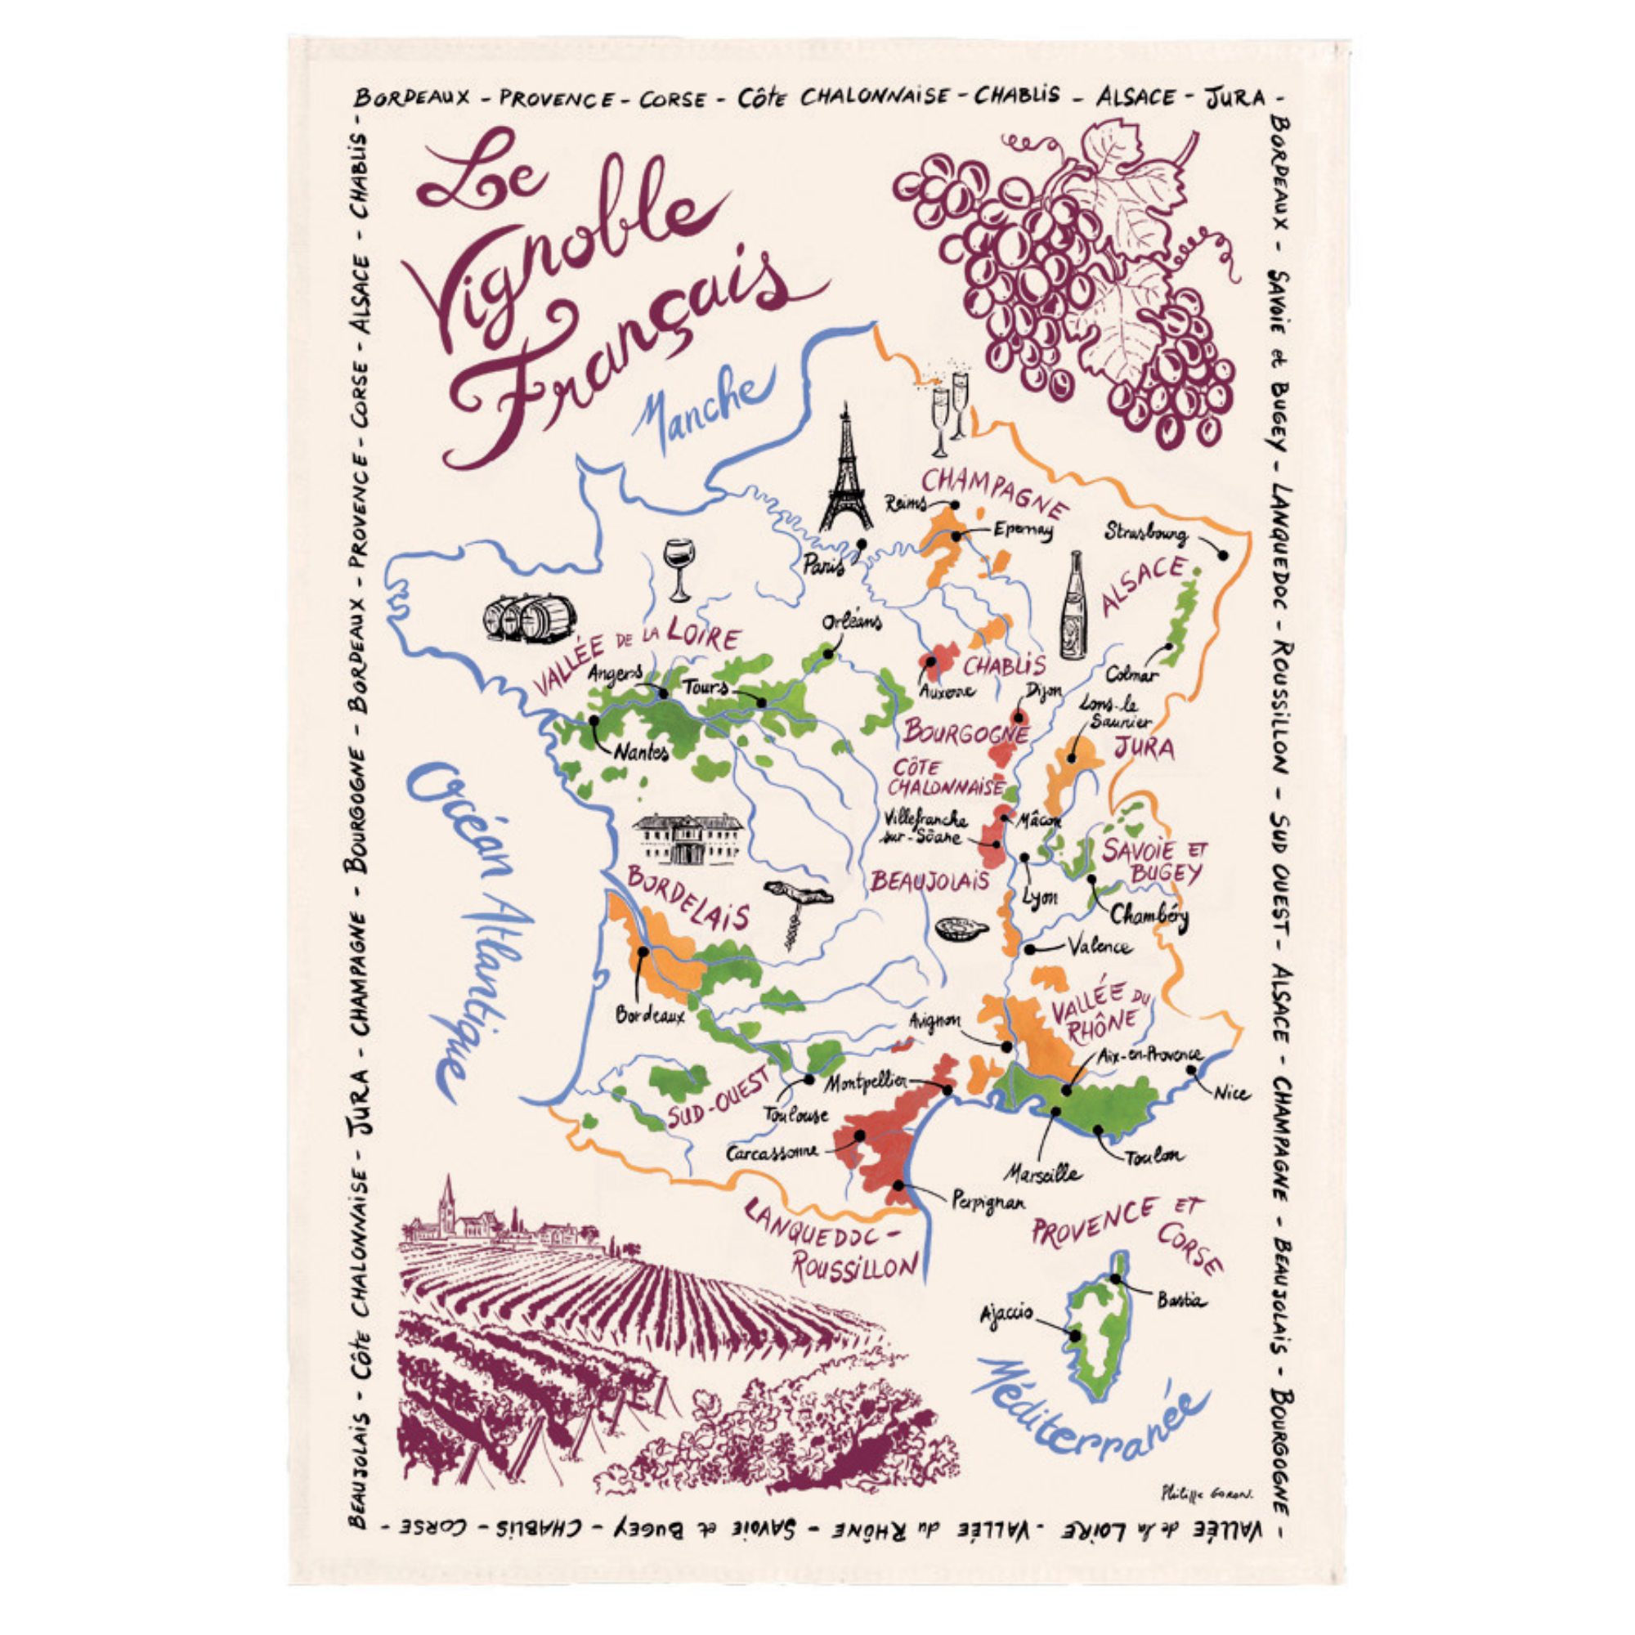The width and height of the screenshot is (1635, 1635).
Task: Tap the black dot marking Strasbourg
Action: coord(1223,555)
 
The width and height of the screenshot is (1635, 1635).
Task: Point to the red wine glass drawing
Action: coord(679,568)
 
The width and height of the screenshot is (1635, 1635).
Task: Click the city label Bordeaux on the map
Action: coord(649,1015)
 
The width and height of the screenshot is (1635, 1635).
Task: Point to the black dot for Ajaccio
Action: coord(1075,1337)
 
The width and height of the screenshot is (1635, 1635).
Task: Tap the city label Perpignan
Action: coord(988,1201)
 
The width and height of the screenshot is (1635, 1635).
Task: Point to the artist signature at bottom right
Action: coord(1207,1494)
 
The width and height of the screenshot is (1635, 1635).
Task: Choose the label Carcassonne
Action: coord(772,1152)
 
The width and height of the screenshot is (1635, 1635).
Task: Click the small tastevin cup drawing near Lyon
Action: coord(961,929)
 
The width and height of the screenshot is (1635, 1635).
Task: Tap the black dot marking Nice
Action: coord(1192,1069)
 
